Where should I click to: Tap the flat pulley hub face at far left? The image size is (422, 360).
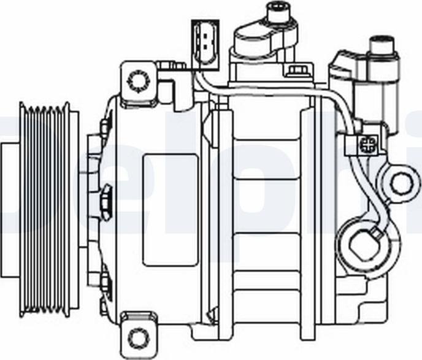(x=9, y=209)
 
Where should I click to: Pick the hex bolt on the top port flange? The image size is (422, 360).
(x=298, y=70)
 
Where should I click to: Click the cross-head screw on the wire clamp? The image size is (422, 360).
(x=367, y=146)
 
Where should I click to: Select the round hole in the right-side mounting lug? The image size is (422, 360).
(x=401, y=182)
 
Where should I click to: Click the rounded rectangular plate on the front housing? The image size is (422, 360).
(x=171, y=209)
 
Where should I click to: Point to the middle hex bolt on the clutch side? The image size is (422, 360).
(x=105, y=202)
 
